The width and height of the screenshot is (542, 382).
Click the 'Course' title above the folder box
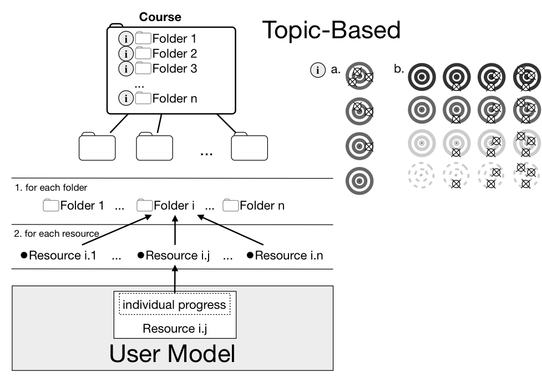pos(160,17)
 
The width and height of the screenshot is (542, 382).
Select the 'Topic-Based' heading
pos(332,30)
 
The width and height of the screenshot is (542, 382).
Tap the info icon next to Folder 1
pos(126,39)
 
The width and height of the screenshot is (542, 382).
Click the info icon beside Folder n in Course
pos(126,99)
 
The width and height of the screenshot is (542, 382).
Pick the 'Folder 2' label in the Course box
pos(175,54)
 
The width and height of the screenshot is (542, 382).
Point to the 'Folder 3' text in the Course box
pos(175,68)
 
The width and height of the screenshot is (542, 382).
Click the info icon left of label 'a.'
pos(318,70)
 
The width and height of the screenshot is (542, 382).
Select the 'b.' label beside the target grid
pos(399,69)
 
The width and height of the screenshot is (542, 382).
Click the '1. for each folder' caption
pos(51,187)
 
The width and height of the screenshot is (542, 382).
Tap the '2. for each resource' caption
pos(57,233)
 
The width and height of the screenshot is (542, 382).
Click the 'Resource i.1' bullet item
pos(58,255)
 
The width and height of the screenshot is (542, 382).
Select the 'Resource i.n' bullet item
pos(285,255)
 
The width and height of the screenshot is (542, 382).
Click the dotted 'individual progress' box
pos(175,304)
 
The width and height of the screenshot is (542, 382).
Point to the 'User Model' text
pos(172,353)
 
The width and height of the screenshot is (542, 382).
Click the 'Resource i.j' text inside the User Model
pos(175,328)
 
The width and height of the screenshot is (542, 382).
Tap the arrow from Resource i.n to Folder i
pos(230,230)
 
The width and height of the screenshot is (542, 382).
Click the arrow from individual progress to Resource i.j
pos(175,279)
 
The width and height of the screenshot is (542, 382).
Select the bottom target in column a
pos(359,181)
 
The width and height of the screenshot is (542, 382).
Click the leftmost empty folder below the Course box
pos(97,146)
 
